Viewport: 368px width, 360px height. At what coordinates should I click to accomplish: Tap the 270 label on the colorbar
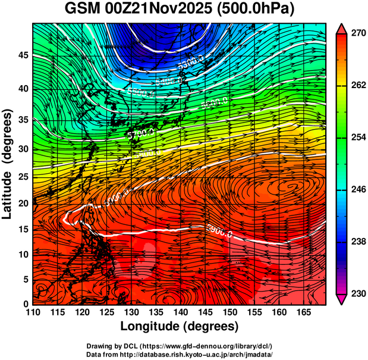pos(357,34)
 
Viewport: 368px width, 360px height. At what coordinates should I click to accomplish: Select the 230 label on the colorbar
pos(357,293)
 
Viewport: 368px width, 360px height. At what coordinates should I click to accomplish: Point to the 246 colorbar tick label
pos(357,190)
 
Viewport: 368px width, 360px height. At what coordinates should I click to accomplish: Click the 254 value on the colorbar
pos(357,137)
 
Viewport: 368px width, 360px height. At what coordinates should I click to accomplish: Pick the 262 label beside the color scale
pos(357,86)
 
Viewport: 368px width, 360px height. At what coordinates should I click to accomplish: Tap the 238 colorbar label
pos(357,242)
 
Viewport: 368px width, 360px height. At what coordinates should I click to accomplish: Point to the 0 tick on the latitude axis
pos(26,304)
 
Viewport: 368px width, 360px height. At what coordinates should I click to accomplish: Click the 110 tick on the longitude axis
pos(33,312)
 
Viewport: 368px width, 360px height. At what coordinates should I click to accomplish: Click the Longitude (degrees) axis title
pos(180,326)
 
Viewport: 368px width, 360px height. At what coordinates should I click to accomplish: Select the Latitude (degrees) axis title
pos(8,164)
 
